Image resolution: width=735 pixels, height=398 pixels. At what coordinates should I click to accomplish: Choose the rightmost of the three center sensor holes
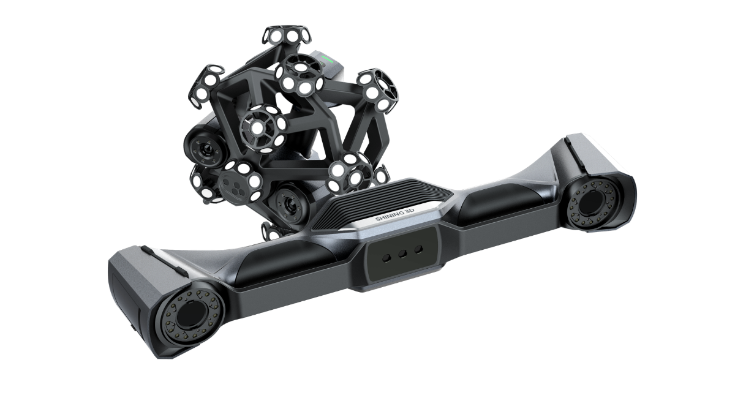(418, 249)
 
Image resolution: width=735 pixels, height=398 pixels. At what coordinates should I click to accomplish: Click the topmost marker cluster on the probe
(287, 36)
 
